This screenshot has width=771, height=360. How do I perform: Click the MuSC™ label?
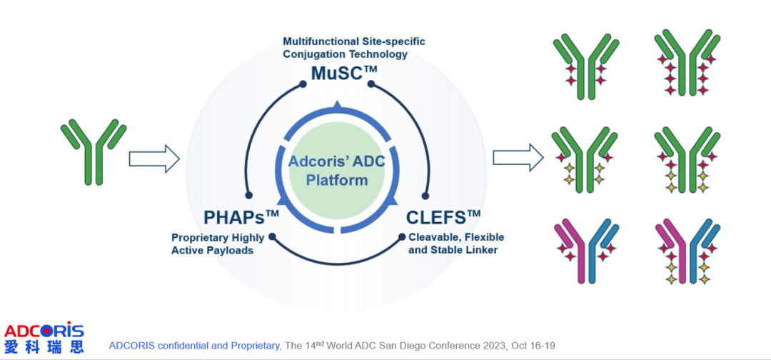click(x=343, y=74)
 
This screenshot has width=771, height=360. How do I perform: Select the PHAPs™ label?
click(x=241, y=217)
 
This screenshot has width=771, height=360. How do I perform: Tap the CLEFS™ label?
click(x=443, y=217)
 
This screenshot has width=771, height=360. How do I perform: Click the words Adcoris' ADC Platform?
click(x=336, y=170)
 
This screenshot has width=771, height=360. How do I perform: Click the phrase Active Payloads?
click(x=213, y=250)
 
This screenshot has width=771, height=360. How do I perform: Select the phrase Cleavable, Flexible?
click(x=455, y=237)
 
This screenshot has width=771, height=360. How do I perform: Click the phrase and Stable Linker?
click(x=453, y=250)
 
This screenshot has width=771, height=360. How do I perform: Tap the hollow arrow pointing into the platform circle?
click(x=153, y=158)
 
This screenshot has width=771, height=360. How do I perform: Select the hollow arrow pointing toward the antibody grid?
click(x=516, y=157)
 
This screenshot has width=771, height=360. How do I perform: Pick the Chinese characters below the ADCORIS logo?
click(x=44, y=347)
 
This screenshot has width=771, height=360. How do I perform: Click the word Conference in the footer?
click(x=461, y=346)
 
